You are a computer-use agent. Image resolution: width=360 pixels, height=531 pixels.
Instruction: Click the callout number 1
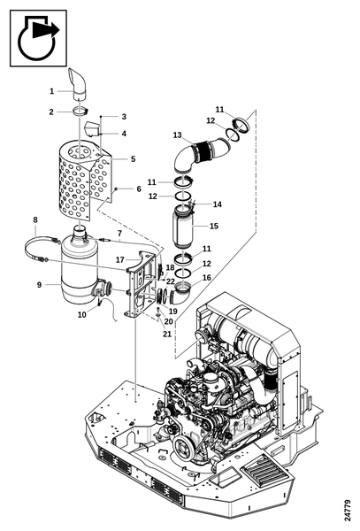[52, 91]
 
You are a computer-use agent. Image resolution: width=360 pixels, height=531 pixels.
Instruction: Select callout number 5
[133, 158]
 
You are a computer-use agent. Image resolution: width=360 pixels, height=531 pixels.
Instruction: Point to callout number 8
[35, 219]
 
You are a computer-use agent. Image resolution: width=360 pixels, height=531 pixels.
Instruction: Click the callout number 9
[39, 285]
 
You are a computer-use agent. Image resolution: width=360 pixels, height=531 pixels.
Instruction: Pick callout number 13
[177, 135]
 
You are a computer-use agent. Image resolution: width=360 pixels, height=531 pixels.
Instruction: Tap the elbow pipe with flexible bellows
[202, 153]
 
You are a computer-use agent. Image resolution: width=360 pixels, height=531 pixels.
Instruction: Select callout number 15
[214, 226]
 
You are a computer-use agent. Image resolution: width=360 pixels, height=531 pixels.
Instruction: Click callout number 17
[120, 259]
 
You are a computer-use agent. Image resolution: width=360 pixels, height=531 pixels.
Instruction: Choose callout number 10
[82, 314]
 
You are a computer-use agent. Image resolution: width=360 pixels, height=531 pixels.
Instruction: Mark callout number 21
[167, 334]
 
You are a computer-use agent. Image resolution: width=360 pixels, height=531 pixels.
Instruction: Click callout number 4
[124, 134]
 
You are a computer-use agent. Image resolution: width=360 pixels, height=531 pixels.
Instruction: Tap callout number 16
[206, 278]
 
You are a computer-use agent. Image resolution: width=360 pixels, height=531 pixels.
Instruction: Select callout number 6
[139, 189]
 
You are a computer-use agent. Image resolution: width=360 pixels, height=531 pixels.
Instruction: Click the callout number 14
[218, 204]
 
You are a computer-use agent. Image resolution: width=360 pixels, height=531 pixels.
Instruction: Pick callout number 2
[51, 112]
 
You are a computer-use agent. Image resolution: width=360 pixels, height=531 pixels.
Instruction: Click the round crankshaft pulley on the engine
[184, 449]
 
